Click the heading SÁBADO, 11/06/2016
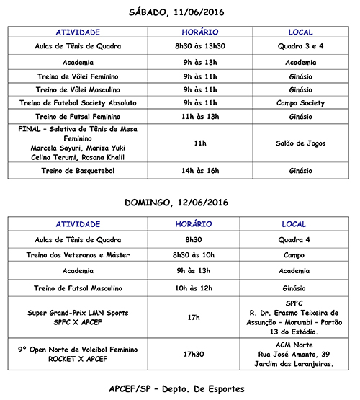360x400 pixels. click(180, 12)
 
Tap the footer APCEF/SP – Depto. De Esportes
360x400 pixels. click(180, 388)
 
